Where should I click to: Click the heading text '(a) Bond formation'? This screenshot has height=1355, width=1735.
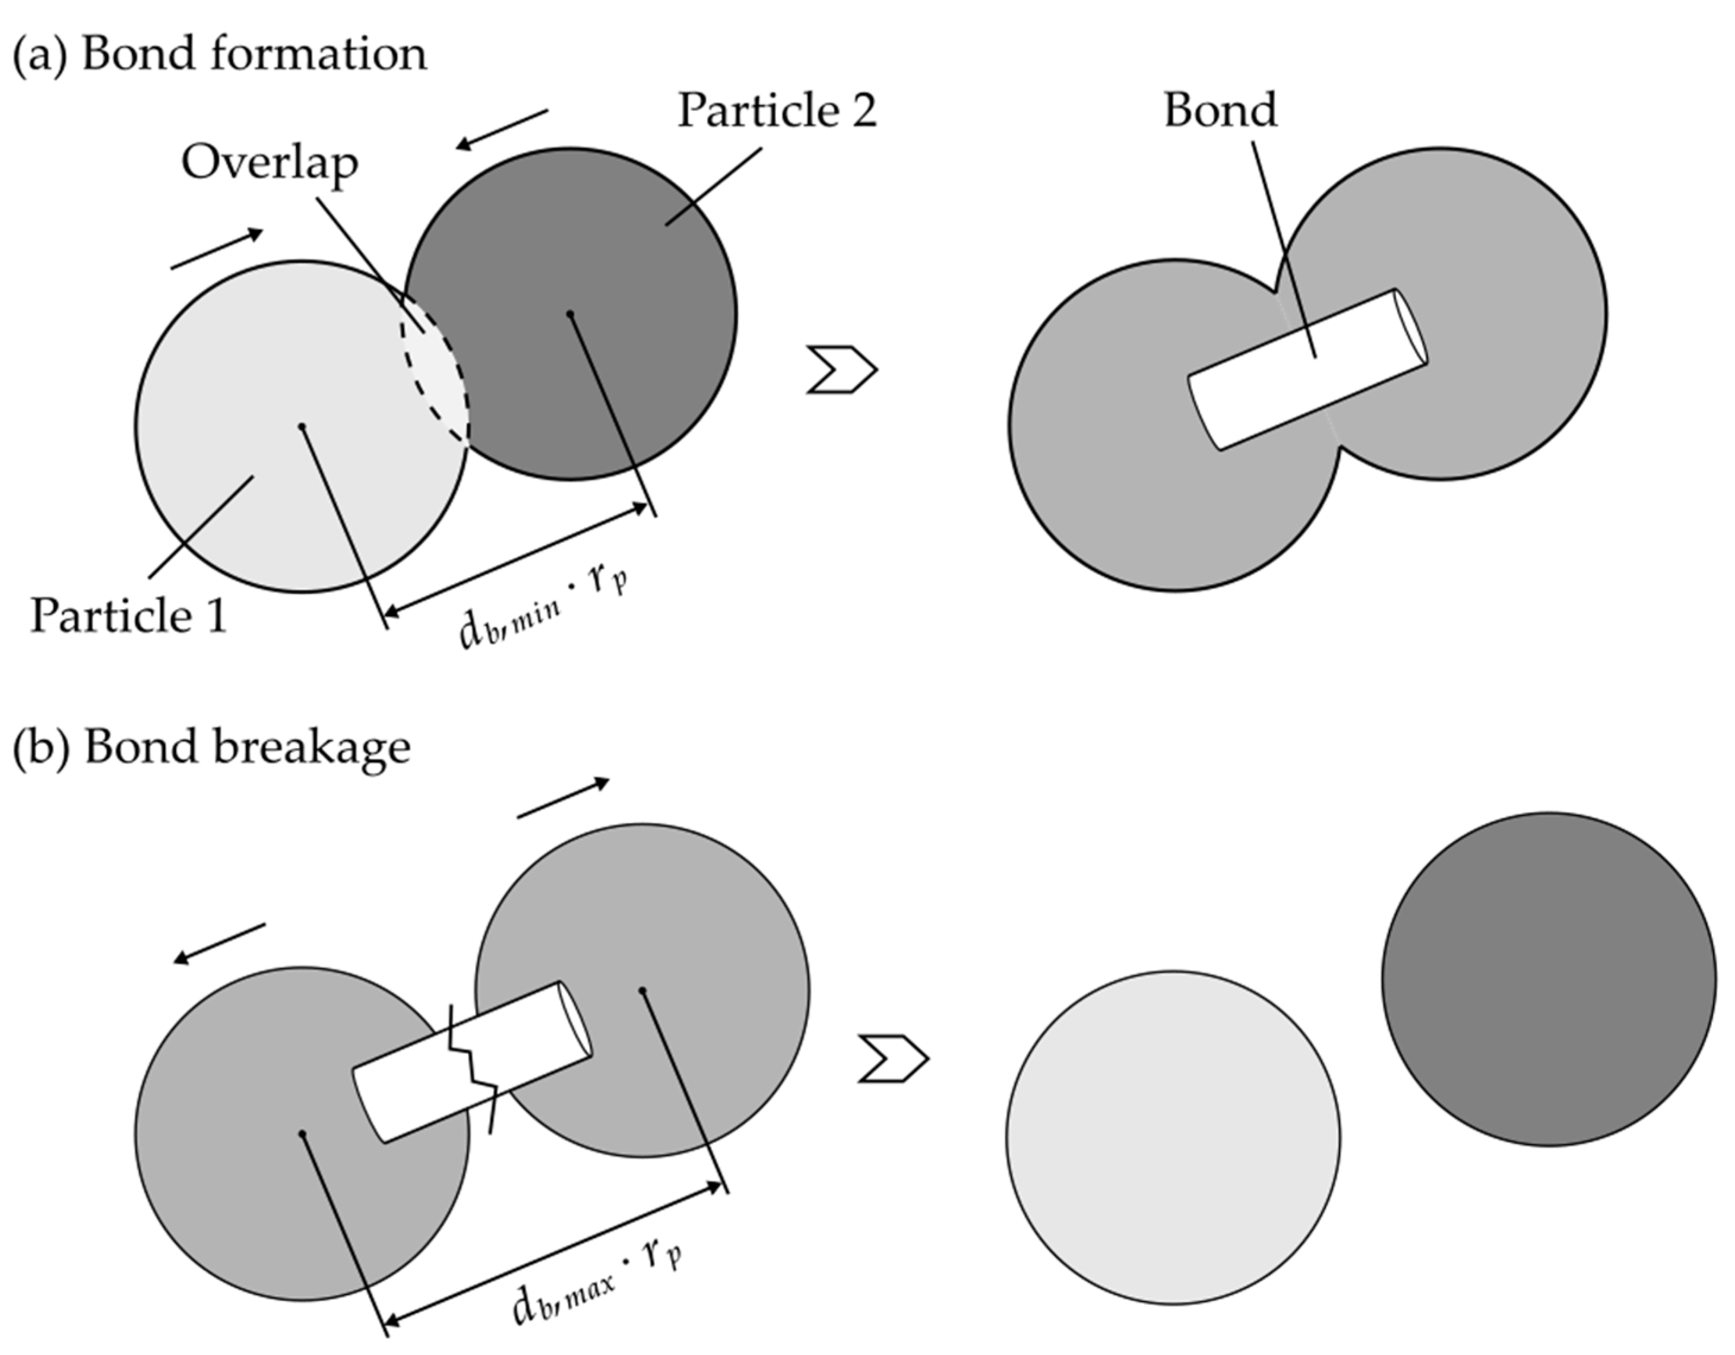(219, 54)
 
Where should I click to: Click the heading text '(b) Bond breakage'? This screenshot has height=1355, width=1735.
(211, 746)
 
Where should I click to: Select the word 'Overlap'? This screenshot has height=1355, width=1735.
(270, 163)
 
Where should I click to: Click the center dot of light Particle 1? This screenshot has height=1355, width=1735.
(302, 426)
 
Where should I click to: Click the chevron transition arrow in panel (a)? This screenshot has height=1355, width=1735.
(841, 369)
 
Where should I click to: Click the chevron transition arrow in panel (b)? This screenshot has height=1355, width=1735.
(893, 1059)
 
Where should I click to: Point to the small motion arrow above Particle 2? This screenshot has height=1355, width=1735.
(502, 129)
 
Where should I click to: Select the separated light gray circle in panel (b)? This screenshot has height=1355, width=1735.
(1173, 1137)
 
